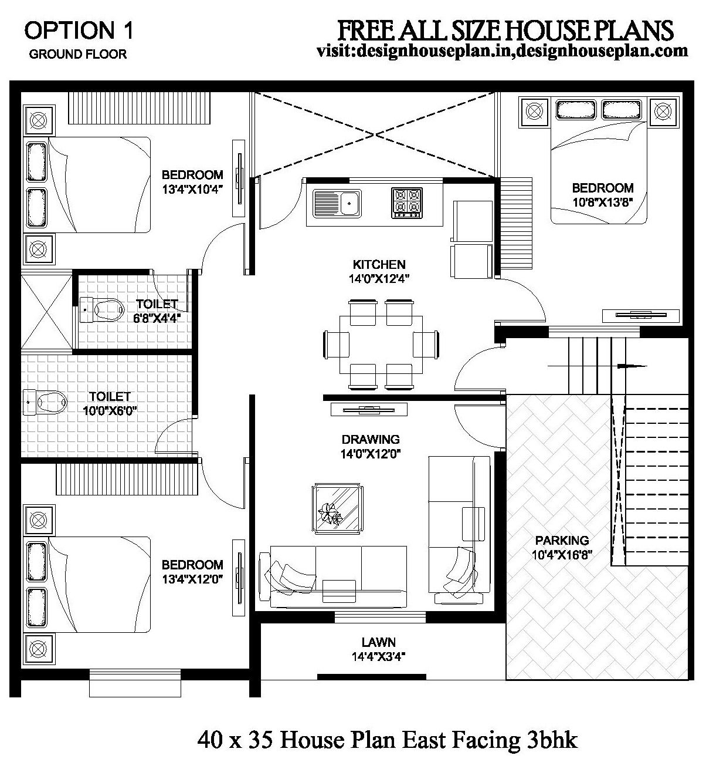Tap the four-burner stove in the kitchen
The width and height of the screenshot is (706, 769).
click(407, 203)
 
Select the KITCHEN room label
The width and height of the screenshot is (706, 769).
click(379, 265)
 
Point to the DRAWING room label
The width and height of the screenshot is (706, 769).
click(371, 439)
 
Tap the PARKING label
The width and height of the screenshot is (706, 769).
click(561, 541)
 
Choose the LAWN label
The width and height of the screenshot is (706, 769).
click(378, 642)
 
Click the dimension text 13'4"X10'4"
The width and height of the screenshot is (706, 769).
click(193, 189)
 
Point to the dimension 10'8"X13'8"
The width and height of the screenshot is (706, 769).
click(603, 202)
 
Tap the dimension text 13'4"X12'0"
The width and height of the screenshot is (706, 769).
click(193, 579)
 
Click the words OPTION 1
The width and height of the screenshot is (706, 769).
click(79, 31)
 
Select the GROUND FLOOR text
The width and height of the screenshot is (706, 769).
click(78, 55)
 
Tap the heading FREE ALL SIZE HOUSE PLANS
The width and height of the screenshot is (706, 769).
click(505, 30)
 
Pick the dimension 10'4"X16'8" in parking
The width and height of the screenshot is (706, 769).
click(561, 554)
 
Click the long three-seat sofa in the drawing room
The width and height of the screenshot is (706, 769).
click(338, 575)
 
